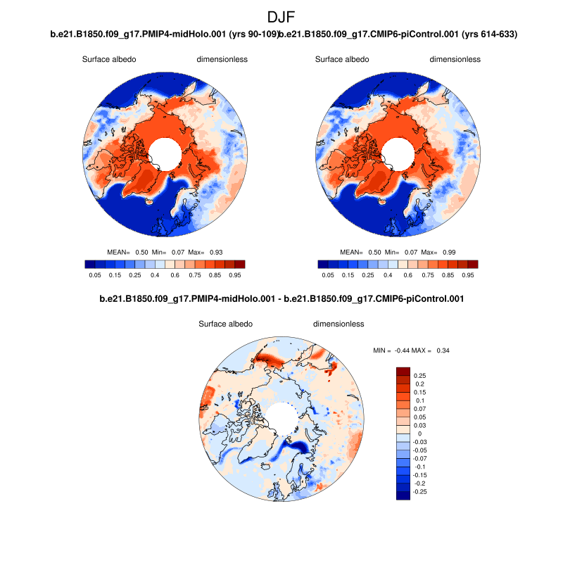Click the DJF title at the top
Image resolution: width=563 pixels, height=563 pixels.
(x=281, y=17)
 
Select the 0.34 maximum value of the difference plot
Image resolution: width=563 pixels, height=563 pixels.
(x=442, y=350)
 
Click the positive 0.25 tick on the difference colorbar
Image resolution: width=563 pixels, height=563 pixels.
(x=419, y=375)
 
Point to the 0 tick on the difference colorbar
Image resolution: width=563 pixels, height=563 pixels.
(x=415, y=434)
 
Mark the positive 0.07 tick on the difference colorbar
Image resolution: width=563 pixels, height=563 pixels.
(x=419, y=408)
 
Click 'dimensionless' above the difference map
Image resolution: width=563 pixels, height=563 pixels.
(x=339, y=324)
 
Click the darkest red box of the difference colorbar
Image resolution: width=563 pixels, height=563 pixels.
(x=403, y=371)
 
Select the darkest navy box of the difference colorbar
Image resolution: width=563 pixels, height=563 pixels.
(x=403, y=495)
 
